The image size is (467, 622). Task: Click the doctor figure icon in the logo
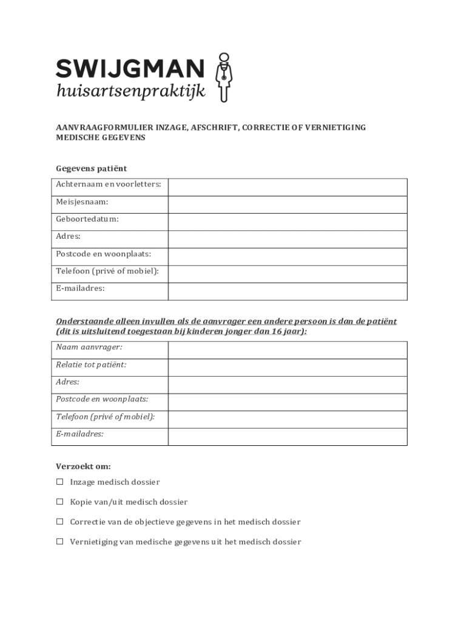point(224,77)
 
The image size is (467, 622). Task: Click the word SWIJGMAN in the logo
point(130,68)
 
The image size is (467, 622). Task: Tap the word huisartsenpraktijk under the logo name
point(130,92)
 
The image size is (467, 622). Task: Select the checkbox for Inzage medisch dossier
point(60,482)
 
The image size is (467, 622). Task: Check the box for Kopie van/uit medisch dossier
point(60,502)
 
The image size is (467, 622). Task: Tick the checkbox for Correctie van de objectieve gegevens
point(60,522)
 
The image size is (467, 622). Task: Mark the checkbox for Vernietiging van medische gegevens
point(60,542)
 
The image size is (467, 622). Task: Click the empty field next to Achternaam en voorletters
point(287,187)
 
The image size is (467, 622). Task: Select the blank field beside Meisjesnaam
point(287,205)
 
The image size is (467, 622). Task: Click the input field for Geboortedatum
point(287,222)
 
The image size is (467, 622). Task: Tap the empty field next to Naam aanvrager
point(287,350)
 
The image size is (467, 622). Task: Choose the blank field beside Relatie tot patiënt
point(287,367)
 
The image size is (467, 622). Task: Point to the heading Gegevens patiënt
point(92,168)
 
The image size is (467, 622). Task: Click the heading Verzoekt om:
point(83,466)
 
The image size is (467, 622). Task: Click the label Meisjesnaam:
point(82,202)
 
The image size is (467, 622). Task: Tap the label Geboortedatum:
point(87,219)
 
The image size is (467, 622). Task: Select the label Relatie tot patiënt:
point(91,364)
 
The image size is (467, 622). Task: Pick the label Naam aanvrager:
point(89,347)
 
